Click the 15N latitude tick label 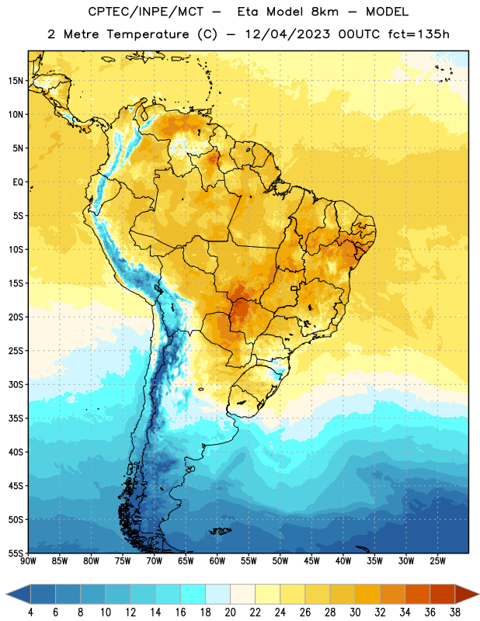coord(16,81)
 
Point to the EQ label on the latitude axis coord(18,182)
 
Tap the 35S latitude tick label coord(16,418)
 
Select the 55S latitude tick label coord(16,553)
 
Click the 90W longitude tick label coord(28,561)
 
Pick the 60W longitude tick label coord(217,561)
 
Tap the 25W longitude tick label coord(437,561)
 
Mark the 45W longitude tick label coord(311,561)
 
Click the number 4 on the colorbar coord(30,612)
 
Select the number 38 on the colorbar coord(454,612)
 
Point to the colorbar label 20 coord(230,612)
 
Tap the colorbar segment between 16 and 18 coord(193,594)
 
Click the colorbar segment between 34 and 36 coord(417,594)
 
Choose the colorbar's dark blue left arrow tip coord(6,594)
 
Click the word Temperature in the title coord(148,34)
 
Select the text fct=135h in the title coord(419,34)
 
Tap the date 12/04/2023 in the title coord(287,34)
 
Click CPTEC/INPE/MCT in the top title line coord(145,12)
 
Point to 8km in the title coord(325,12)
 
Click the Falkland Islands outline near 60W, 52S coord(220,532)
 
